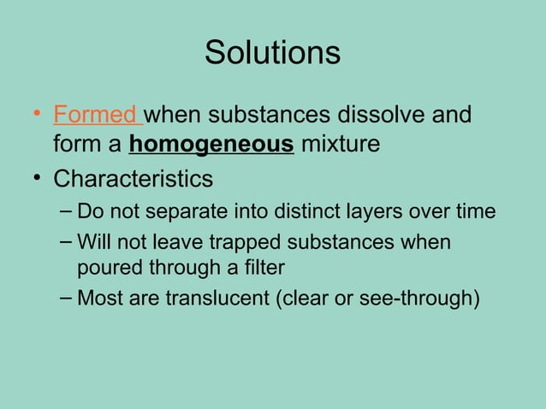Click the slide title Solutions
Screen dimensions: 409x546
coord(272,53)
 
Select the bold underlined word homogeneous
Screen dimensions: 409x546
coord(211,145)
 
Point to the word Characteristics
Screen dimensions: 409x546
coord(133,180)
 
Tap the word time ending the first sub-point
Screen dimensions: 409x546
coord(476,211)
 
